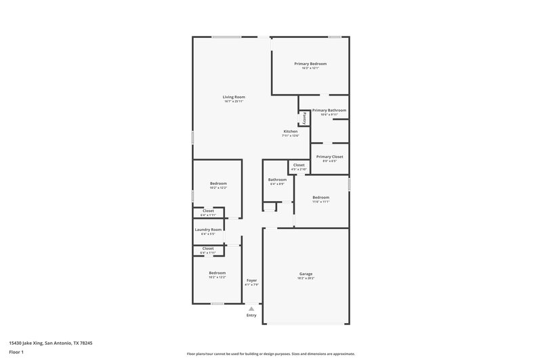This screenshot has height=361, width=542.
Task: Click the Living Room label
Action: (234, 97)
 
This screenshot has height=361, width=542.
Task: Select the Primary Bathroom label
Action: (329, 110)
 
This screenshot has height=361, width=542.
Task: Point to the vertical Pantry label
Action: (305, 118)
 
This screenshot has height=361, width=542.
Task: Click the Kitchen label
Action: (290, 131)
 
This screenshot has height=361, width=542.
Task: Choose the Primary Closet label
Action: (329, 156)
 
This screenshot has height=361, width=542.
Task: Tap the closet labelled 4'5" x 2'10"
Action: (299, 165)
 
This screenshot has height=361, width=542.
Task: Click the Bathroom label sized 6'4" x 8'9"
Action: (277, 179)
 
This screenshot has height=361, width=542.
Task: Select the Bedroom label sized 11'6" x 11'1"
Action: (320, 197)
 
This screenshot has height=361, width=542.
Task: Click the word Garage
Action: (306, 274)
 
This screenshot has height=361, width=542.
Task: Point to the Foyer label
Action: (251, 280)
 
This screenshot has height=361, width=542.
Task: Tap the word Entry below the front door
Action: (251, 315)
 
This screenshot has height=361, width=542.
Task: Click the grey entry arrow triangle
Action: (251, 308)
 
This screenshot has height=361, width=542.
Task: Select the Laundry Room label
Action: (208, 230)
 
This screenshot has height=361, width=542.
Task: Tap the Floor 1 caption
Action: (17, 353)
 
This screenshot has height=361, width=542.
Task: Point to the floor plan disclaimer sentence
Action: (270, 354)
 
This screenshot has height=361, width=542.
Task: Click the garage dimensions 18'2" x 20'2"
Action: (306, 278)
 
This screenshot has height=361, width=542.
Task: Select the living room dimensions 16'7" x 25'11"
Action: (234, 101)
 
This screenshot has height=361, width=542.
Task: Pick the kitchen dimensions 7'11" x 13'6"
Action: (290, 135)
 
